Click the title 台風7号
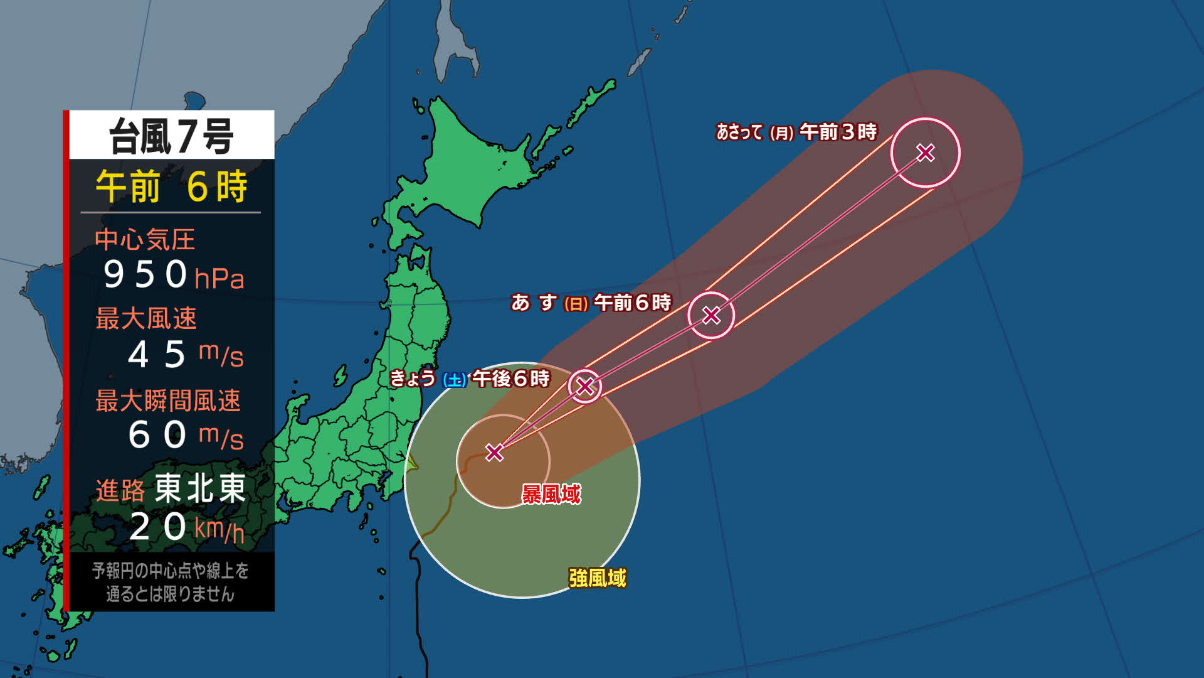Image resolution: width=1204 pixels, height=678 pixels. click(x=171, y=136)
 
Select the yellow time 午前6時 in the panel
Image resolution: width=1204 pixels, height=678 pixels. click(x=171, y=186)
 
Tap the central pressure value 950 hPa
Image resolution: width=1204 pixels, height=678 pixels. click(x=172, y=275)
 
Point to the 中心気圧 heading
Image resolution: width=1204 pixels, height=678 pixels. click(x=145, y=239)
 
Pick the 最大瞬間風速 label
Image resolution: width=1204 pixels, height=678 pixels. click(x=167, y=401)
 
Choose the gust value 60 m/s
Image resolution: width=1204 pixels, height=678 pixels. click(x=185, y=435)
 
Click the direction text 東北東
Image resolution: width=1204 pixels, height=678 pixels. click(x=200, y=488)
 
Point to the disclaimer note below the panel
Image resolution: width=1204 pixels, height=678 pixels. click(x=170, y=582)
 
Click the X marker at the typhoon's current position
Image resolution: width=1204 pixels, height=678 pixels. click(x=495, y=452)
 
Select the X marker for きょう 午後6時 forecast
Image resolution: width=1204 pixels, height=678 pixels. click(x=585, y=386)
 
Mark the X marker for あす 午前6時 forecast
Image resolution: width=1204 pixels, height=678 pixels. click(x=711, y=315)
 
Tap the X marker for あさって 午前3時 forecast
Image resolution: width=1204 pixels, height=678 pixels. click(x=926, y=153)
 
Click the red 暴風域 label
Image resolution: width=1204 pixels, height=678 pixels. click(x=551, y=494)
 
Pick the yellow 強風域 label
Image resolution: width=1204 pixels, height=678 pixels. click(x=597, y=578)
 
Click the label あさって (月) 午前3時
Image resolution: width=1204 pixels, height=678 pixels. click(x=796, y=132)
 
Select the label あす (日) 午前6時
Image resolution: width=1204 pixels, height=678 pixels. click(x=591, y=303)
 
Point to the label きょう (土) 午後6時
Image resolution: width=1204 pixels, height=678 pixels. click(x=470, y=379)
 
